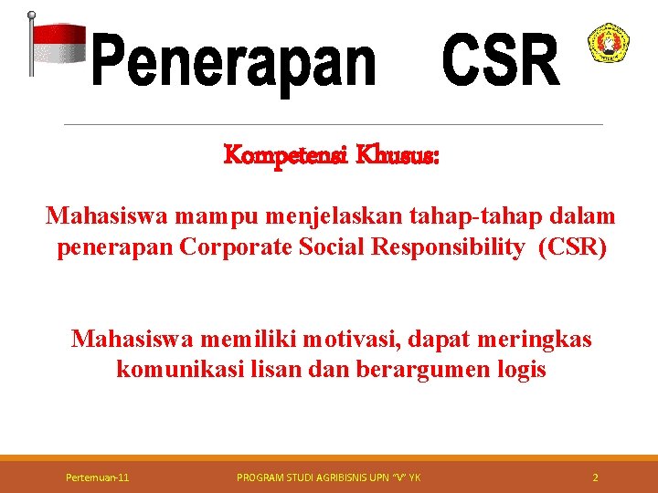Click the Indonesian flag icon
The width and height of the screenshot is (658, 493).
point(57,45)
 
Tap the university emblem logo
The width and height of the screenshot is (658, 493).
point(608,44)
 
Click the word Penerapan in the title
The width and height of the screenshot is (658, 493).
point(235,62)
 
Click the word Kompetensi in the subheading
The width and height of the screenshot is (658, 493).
point(277,156)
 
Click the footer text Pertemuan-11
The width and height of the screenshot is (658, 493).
point(98,477)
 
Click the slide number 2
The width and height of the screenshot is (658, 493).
point(595,477)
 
